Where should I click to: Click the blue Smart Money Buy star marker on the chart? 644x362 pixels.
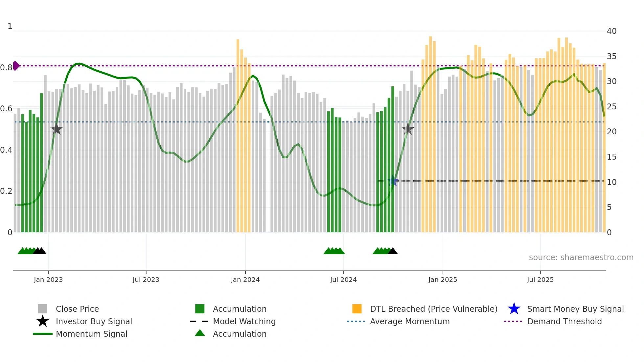pos(393,181)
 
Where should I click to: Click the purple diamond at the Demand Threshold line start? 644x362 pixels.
pos(16,66)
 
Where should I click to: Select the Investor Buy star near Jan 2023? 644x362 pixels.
pos(57,129)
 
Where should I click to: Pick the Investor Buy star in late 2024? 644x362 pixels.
pos(408,129)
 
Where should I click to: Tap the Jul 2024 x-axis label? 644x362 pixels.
pos(343,280)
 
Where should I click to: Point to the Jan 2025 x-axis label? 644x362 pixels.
pos(443,280)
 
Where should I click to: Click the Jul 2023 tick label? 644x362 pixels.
pos(146,280)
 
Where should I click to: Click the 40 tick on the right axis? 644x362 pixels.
pos(611,31)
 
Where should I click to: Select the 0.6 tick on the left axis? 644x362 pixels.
pos(6,109)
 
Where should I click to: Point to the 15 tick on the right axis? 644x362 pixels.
pos(611,157)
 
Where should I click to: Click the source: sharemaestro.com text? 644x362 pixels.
pos(581,258)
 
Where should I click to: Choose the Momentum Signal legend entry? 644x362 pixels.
pos(91,334)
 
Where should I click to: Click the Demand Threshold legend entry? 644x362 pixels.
pos(564,321)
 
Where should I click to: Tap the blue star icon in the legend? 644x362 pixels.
pos(514,309)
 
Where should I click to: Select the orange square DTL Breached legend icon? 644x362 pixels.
pos(357,309)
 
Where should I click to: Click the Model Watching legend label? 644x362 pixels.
pos(244,321)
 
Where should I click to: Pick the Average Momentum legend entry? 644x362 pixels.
pos(410,321)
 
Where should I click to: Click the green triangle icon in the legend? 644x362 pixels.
pos(200,333)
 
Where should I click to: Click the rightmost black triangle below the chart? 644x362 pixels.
pos(393,251)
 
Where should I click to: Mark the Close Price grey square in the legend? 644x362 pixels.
pos(43,309)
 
